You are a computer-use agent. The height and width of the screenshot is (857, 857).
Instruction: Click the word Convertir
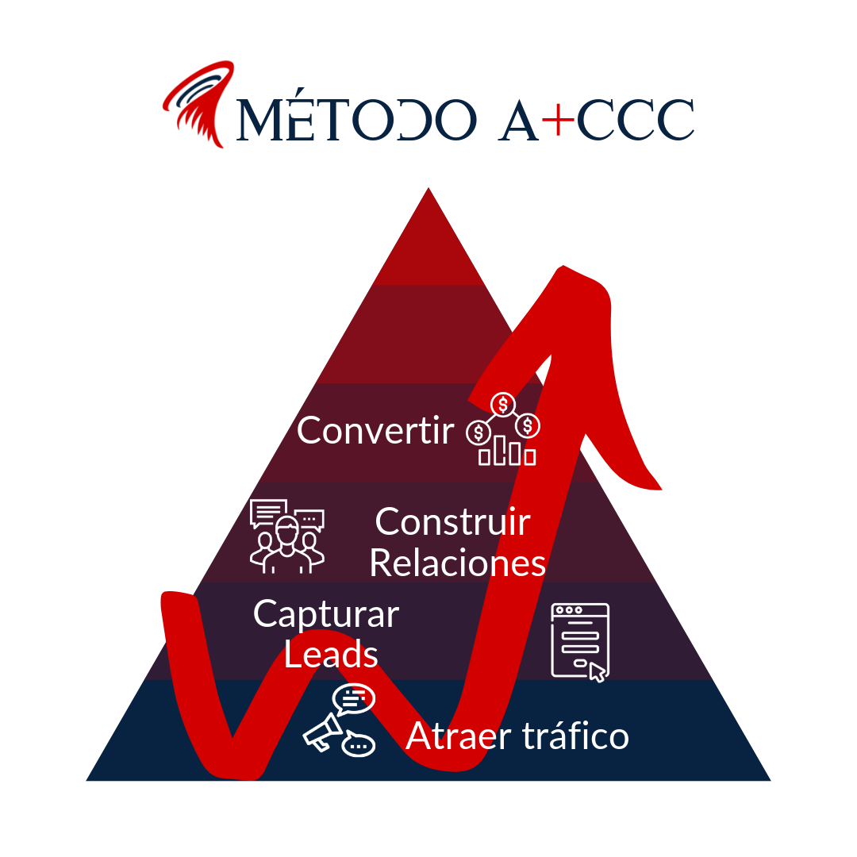(x=375, y=431)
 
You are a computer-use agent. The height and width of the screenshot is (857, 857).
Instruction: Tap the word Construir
(x=452, y=522)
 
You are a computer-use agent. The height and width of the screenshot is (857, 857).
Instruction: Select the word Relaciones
(x=458, y=563)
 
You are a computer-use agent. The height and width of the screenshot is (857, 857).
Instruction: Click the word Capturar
(x=326, y=614)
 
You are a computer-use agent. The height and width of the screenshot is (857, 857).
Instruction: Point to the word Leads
(x=331, y=655)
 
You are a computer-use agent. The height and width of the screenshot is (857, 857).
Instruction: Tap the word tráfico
(x=575, y=736)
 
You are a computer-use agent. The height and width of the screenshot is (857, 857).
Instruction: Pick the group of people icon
(x=286, y=536)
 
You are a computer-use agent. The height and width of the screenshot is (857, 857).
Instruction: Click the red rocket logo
(x=198, y=103)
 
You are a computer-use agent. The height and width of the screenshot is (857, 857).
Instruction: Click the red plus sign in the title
(x=561, y=119)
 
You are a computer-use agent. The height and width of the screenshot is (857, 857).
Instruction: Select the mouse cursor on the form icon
(x=598, y=673)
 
